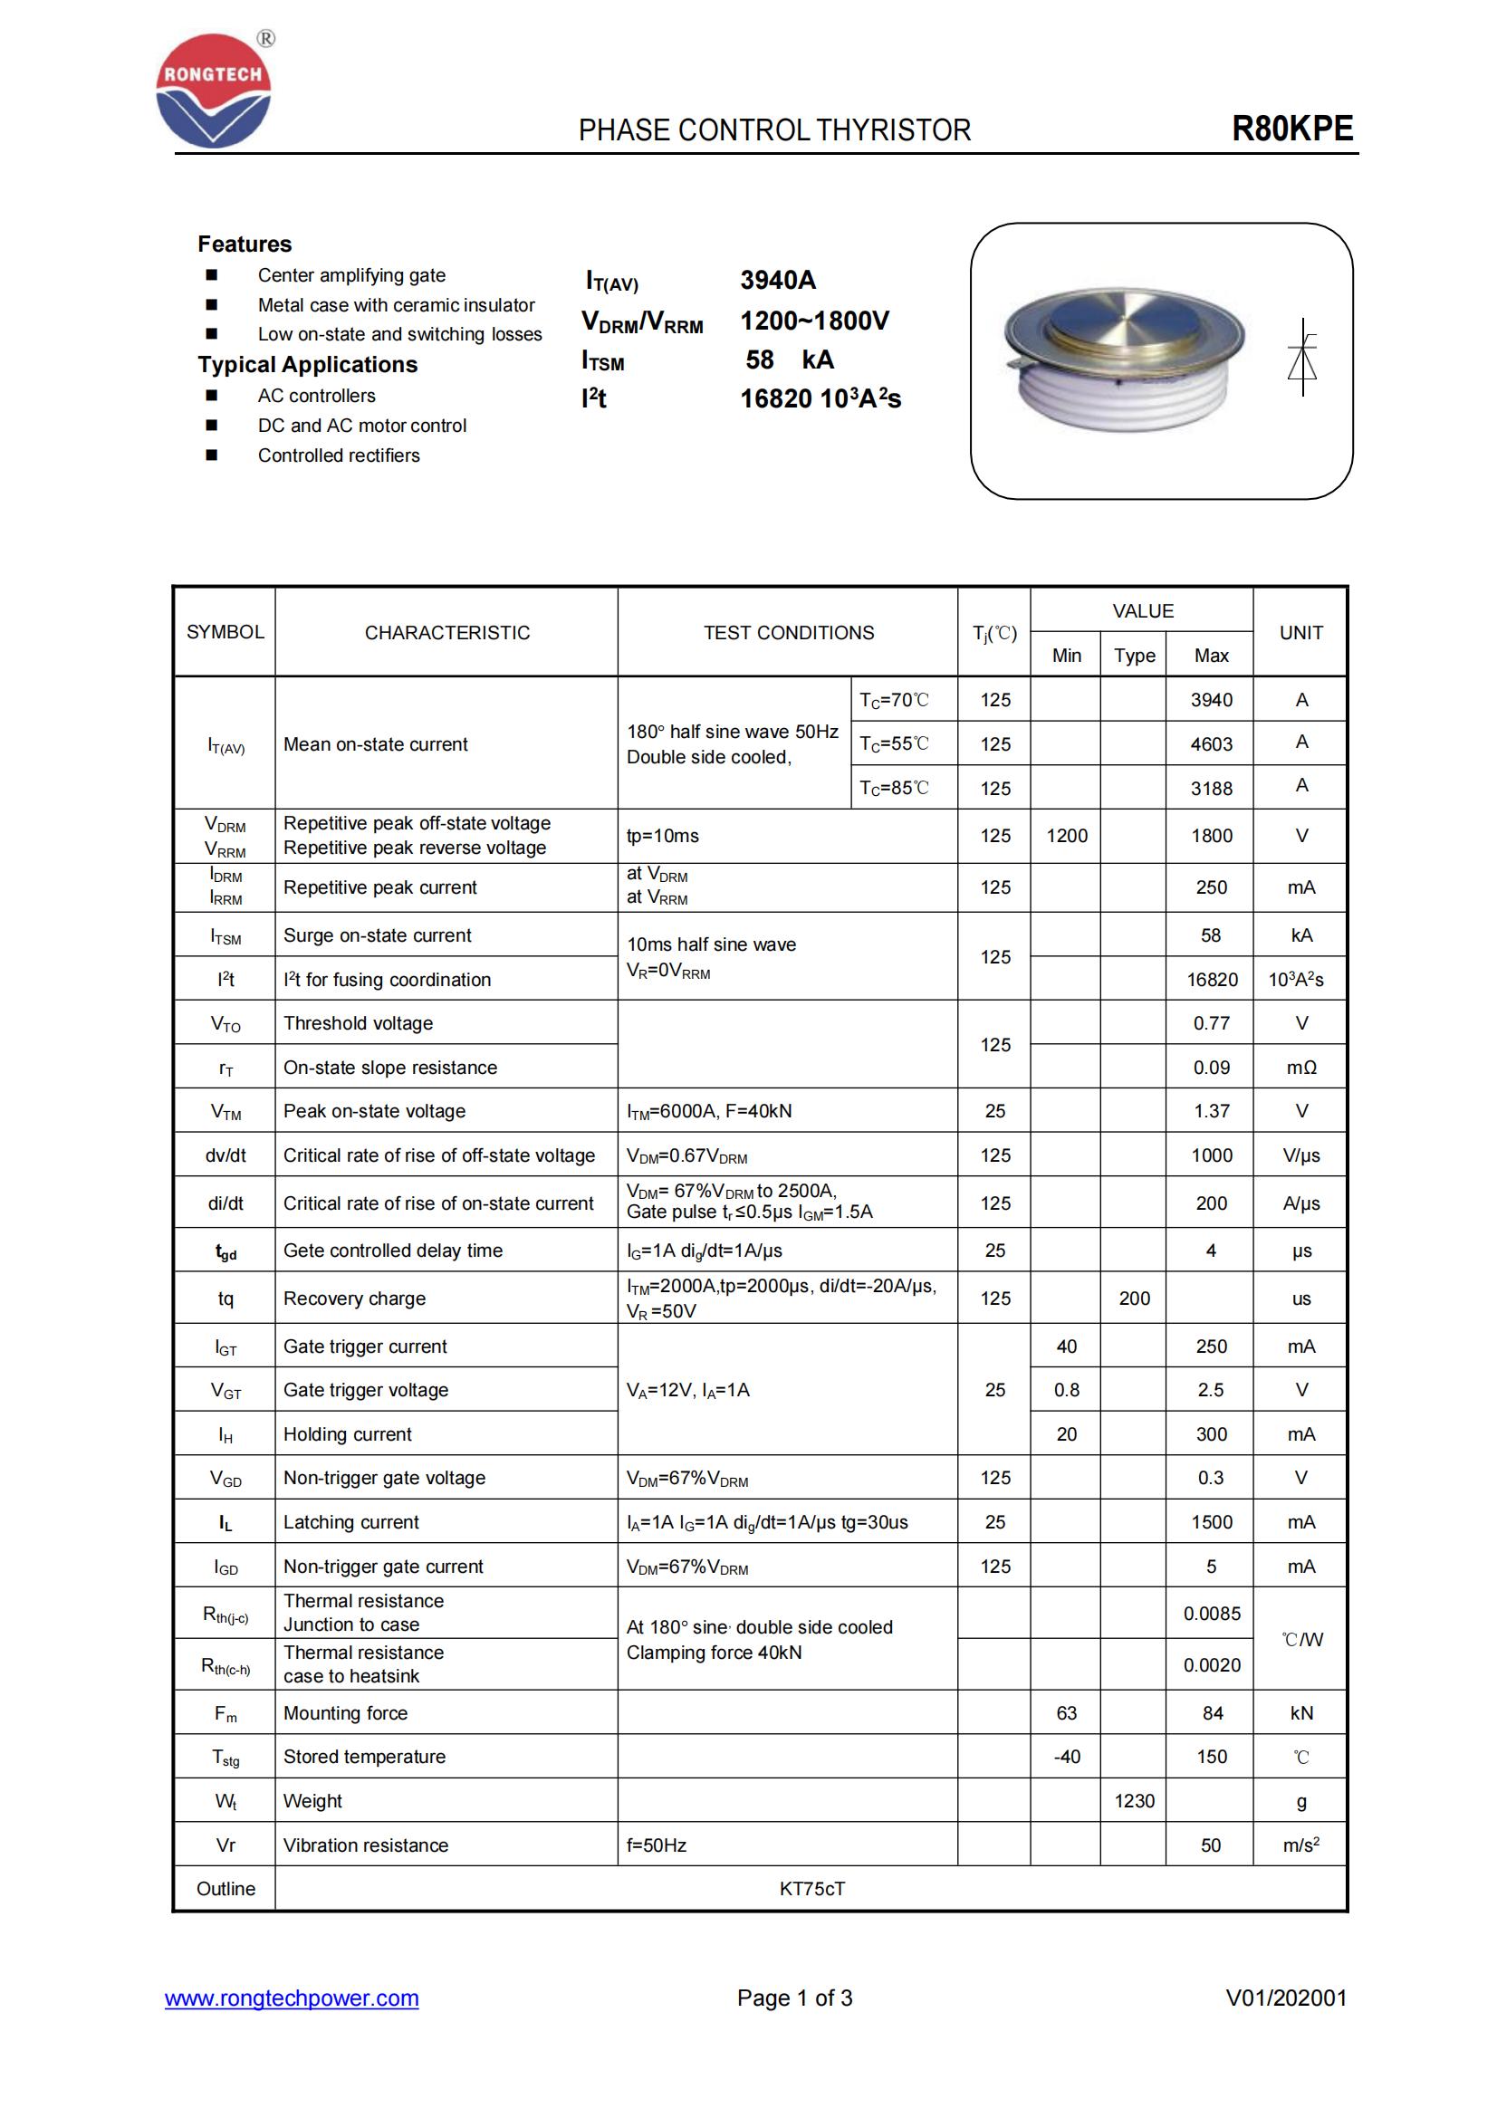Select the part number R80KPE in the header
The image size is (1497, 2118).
1291,129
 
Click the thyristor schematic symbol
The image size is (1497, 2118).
1301,358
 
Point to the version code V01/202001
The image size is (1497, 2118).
1285,1998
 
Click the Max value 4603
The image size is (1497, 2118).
1210,743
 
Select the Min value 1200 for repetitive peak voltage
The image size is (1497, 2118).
1066,836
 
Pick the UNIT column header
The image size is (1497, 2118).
1300,633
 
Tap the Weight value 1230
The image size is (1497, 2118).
1134,1801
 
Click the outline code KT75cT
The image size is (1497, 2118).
811,1888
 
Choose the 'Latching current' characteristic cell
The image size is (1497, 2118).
351,1522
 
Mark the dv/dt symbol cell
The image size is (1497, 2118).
226,1155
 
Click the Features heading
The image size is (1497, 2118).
245,244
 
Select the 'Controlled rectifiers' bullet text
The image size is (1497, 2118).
339,455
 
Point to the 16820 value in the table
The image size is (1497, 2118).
1211,980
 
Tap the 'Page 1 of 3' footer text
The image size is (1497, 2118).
794,1998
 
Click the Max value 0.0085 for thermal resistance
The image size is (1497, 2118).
1211,1614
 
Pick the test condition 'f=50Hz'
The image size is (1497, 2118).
656,1845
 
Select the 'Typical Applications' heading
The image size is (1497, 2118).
307,364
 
